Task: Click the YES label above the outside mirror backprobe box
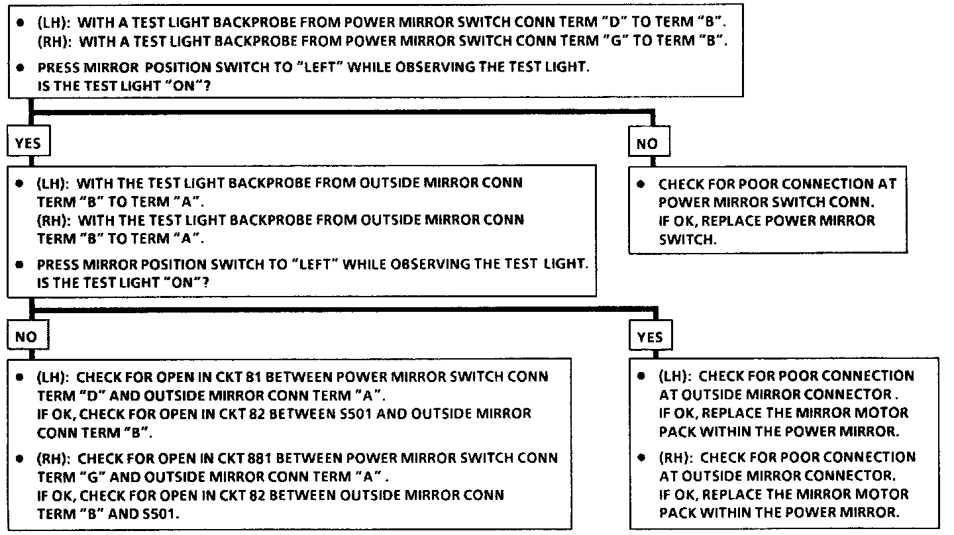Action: [x=27, y=143]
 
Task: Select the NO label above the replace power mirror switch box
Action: [x=647, y=144]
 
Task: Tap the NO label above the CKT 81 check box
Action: [x=26, y=337]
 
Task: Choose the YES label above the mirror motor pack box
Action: [x=649, y=337]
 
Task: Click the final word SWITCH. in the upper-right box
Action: [x=688, y=240]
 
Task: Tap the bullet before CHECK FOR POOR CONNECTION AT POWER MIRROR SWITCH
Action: [x=641, y=184]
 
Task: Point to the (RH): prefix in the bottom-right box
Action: [x=675, y=458]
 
